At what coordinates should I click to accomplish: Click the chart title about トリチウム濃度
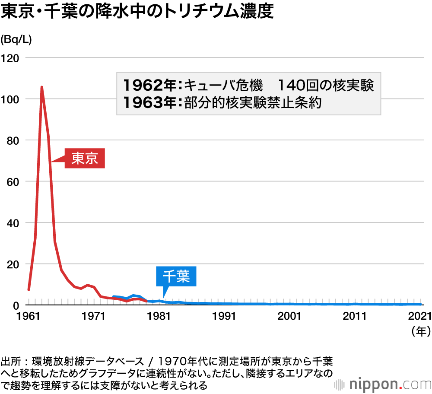(137, 12)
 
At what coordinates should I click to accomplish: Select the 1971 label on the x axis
(94, 316)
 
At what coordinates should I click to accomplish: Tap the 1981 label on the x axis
(159, 316)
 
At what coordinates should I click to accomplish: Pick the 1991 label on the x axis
(224, 316)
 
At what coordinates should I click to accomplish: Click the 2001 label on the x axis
(289, 316)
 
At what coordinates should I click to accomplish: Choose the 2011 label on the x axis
(354, 316)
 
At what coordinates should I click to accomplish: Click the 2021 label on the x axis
(419, 316)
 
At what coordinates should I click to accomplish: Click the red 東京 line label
(85, 159)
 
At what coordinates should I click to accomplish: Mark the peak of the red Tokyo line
(41, 87)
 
